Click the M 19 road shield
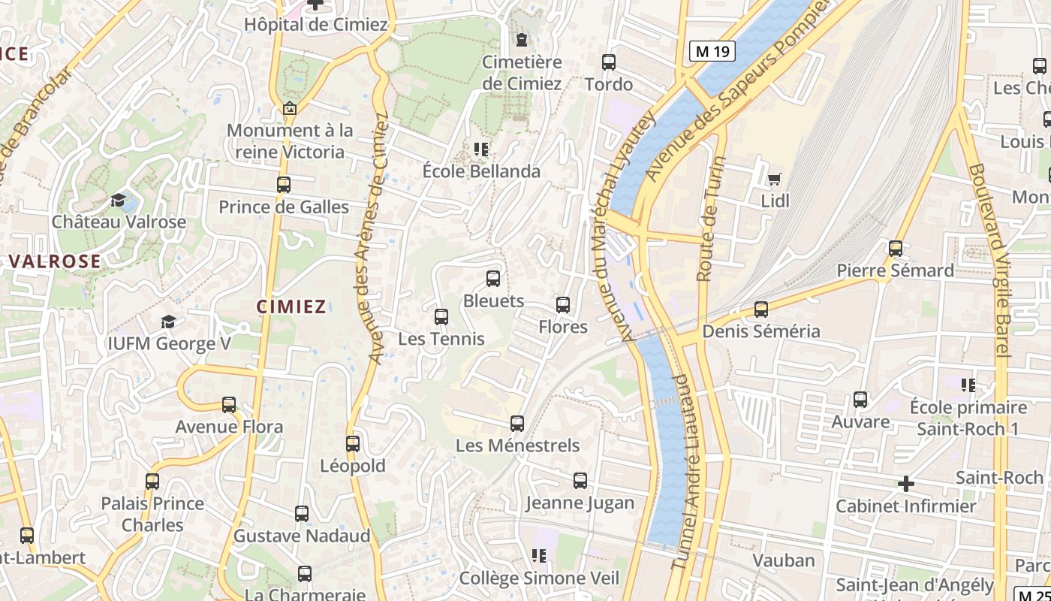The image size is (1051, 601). point(712,51)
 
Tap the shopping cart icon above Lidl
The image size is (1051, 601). point(774,179)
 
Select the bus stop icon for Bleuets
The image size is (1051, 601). point(493,279)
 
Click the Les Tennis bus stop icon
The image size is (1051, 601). point(441,317)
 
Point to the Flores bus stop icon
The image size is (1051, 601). point(563,305)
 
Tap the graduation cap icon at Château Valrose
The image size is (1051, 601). point(119,200)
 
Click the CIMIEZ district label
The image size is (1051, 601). point(291,307)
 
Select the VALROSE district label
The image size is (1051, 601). point(55,261)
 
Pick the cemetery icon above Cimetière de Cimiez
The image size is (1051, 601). point(522,39)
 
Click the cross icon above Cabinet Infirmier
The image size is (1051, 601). point(906,484)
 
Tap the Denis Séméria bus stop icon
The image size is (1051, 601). point(761,310)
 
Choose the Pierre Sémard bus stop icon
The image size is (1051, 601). point(895,249)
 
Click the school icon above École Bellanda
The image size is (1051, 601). point(480,149)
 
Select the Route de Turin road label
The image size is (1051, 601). point(709,219)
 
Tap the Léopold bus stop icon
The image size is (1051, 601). point(353,444)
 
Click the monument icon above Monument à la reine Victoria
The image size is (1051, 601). point(289,109)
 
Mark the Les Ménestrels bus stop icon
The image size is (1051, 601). point(516,424)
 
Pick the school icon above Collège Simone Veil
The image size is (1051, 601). point(538,556)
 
